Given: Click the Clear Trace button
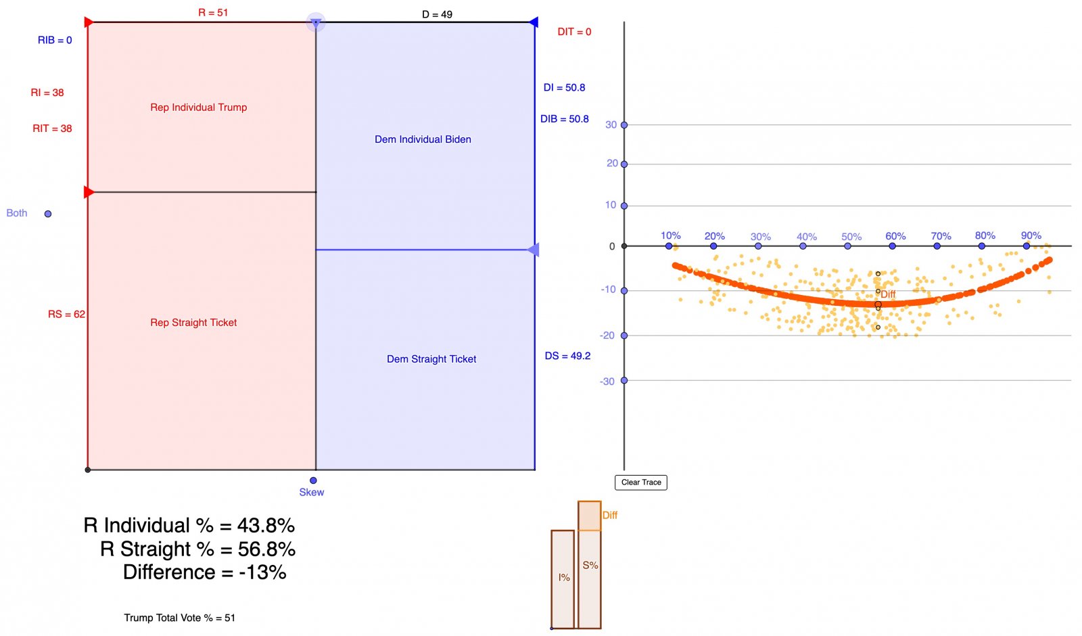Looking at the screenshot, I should (x=641, y=482).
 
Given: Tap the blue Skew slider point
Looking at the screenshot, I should (x=313, y=480).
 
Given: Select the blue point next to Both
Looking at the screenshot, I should (x=48, y=214).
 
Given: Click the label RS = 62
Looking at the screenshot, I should (x=66, y=314).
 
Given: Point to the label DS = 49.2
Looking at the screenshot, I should (x=567, y=356).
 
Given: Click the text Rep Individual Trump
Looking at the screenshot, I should (x=199, y=108).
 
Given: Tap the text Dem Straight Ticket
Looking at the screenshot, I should (x=431, y=359).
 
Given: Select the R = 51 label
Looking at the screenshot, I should (x=213, y=13).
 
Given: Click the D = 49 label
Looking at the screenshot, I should (x=437, y=14).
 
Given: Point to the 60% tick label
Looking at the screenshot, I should (x=895, y=236).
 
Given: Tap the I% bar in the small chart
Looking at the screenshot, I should (x=563, y=578).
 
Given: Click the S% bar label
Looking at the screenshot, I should (x=590, y=566).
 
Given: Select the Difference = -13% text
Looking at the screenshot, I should (x=204, y=572).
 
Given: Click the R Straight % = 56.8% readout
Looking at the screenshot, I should (x=197, y=549).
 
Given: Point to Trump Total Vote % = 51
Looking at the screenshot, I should (x=179, y=618).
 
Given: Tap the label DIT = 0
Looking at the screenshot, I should (x=574, y=32).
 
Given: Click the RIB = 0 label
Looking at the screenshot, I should (x=55, y=41).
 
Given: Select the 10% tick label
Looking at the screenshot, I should (x=670, y=235).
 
